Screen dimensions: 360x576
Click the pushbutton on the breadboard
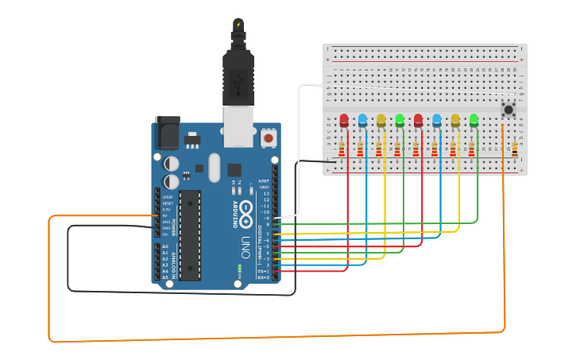pyautogui.click(x=507, y=110)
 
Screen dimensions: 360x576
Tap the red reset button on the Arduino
pyautogui.click(x=269, y=138)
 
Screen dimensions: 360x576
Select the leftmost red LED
pyautogui.click(x=344, y=121)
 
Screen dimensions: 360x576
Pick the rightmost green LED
pyautogui.click(x=474, y=120)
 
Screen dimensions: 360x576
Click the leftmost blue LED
pyautogui.click(x=362, y=121)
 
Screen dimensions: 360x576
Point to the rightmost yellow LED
pyautogui.click(x=455, y=120)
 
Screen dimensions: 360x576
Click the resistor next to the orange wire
pyautogui.click(x=514, y=149)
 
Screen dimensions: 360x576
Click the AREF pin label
pyautogui.click(x=265, y=181)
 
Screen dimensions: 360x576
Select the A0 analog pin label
pyautogui.click(x=165, y=246)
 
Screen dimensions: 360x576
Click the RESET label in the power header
pyautogui.click(x=168, y=203)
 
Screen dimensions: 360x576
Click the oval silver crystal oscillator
pyautogui.click(x=214, y=167)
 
